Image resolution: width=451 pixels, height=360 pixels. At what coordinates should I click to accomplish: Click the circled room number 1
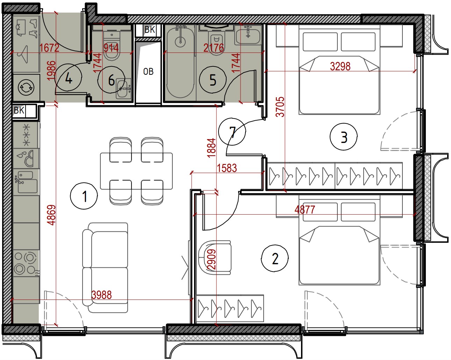coord(84,196)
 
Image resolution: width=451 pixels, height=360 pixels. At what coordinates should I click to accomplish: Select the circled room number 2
coord(275,258)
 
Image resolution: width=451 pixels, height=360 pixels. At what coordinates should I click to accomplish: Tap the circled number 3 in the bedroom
coord(343,137)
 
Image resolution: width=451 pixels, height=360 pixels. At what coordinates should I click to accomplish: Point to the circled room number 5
coord(213,80)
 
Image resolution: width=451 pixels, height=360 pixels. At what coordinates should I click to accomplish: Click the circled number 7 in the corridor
coord(232,132)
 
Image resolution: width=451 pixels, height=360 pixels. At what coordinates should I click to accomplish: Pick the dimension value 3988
coord(102,295)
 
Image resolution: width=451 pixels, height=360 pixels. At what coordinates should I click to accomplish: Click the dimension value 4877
coord(305,210)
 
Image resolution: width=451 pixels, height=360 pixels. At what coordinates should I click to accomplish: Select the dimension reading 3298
coord(340,66)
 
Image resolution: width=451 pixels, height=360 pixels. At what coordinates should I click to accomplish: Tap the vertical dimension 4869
coord(51,215)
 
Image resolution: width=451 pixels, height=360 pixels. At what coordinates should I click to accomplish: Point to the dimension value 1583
coord(227,168)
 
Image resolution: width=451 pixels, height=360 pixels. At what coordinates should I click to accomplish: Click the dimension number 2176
coord(214,48)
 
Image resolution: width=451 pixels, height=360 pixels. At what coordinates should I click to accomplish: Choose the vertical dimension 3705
coord(280,107)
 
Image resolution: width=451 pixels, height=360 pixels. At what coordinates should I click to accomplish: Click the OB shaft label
coord(148,72)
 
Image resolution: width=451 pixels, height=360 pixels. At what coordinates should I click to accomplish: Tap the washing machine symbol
coord(26,87)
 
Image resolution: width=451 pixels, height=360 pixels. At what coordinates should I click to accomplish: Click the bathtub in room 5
coord(180,63)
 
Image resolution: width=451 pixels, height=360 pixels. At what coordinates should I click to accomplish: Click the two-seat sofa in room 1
coord(105,268)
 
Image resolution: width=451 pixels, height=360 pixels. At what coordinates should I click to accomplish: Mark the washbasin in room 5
coord(248,35)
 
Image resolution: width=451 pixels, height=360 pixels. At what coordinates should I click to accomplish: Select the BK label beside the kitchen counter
coord(19,110)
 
